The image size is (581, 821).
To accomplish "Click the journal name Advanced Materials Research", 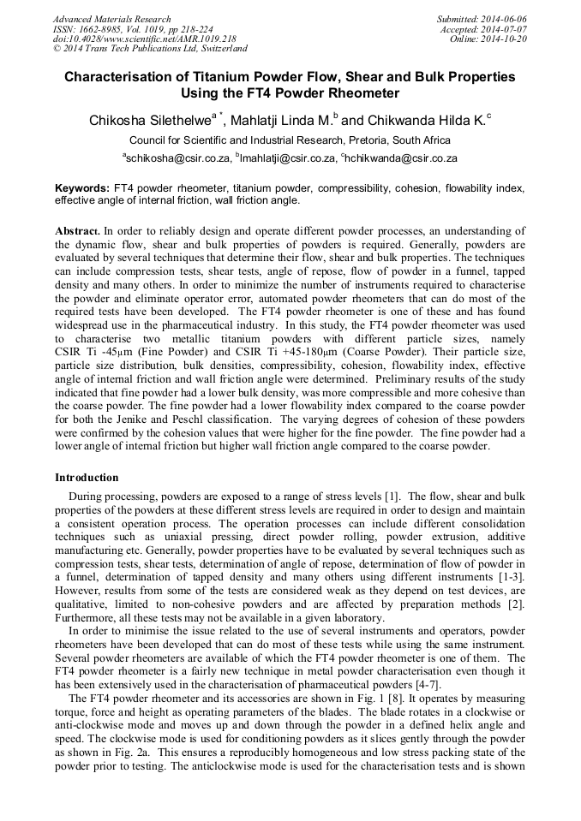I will pyautogui.click(x=111, y=19).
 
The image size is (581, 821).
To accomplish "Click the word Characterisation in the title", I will pyautogui.click(x=117, y=76).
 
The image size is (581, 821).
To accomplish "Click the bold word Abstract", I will pyautogui.click(x=78, y=231).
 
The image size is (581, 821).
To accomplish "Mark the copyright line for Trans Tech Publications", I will pyautogui.click(x=149, y=50).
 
